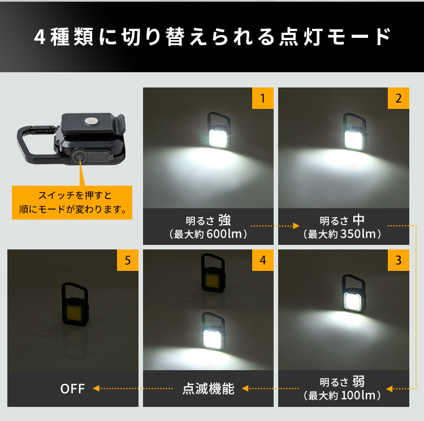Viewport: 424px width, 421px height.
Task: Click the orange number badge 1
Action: (x=262, y=98)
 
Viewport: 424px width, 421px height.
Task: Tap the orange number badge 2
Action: (x=399, y=98)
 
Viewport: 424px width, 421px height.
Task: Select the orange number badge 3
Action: (x=399, y=260)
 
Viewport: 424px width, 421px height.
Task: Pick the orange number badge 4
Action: (x=262, y=260)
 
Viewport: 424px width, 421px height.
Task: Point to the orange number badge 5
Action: (x=128, y=260)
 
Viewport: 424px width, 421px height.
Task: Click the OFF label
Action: (x=72, y=389)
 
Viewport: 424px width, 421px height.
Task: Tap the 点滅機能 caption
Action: (x=208, y=389)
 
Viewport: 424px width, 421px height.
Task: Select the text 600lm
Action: (x=224, y=234)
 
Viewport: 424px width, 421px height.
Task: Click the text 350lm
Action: (x=358, y=234)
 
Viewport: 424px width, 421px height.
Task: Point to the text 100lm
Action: (x=358, y=396)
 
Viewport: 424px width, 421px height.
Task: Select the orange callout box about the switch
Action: (x=72, y=203)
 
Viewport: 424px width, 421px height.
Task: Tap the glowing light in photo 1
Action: (x=218, y=138)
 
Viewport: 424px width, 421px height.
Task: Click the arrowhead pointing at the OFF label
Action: (x=96, y=388)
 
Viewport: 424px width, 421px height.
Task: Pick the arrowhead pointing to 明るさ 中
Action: (x=296, y=226)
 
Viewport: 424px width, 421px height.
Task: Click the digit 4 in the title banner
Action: (x=40, y=37)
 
